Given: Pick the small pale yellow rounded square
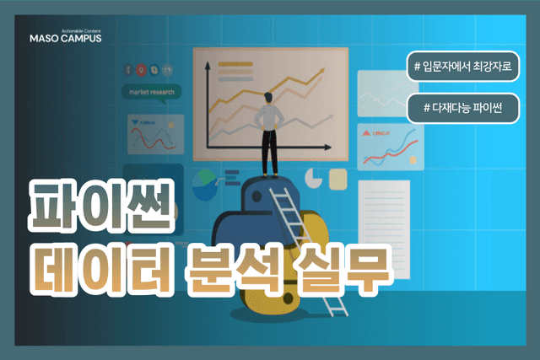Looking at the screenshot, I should (x=338, y=178).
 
